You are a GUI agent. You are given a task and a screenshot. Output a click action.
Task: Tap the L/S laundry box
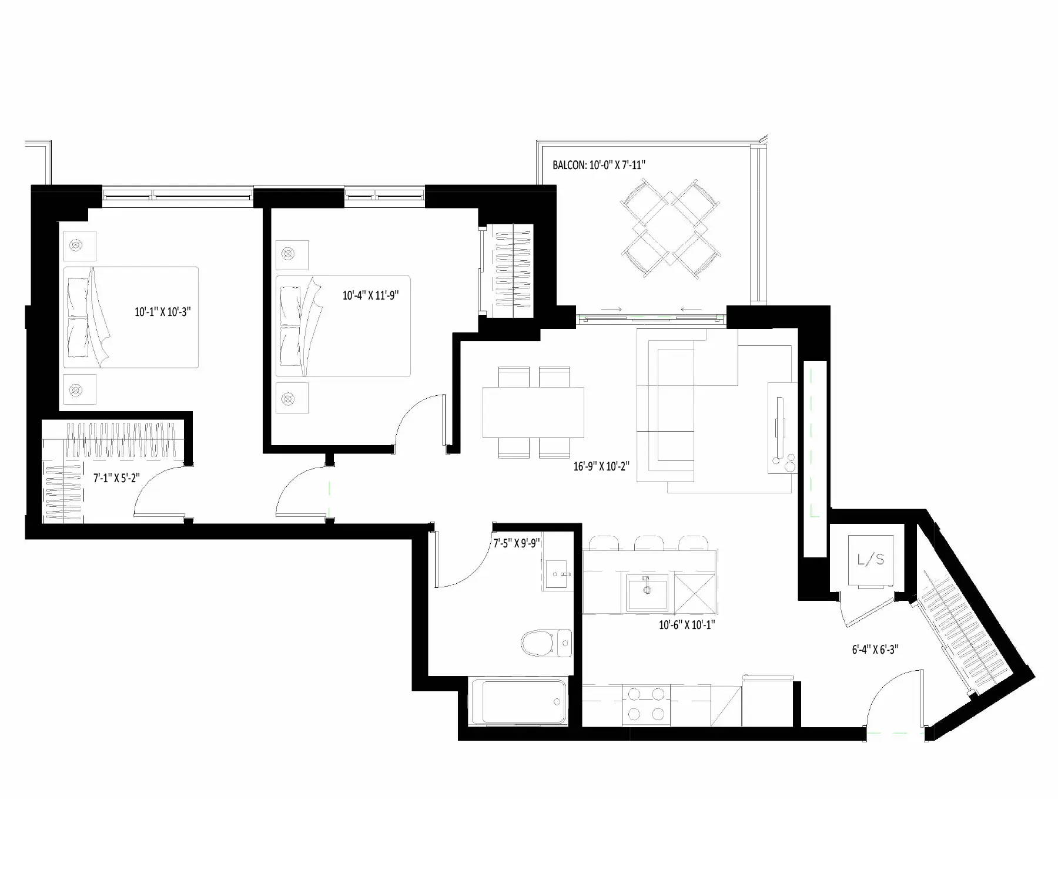[870, 560]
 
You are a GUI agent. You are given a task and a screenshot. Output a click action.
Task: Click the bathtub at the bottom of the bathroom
[518, 701]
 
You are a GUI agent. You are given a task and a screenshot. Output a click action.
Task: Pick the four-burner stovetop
[645, 704]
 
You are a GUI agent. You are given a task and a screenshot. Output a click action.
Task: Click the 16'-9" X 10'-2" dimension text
[602, 466]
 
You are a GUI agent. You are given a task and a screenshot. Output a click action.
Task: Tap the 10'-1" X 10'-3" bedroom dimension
[163, 312]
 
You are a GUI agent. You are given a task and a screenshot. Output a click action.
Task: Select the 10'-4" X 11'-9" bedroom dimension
[371, 295]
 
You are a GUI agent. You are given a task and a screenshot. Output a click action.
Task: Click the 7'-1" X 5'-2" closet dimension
[116, 478]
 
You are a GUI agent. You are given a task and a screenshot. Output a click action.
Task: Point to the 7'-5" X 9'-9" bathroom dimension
[517, 543]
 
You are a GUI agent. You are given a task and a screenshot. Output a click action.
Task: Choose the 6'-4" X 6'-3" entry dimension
[875, 650]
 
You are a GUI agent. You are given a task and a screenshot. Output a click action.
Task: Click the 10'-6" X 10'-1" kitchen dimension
[687, 625]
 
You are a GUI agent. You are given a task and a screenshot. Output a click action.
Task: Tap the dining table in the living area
[534, 412]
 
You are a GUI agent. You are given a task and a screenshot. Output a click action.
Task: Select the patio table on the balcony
[670, 229]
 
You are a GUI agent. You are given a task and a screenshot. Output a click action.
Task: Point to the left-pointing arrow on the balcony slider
[691, 310]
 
